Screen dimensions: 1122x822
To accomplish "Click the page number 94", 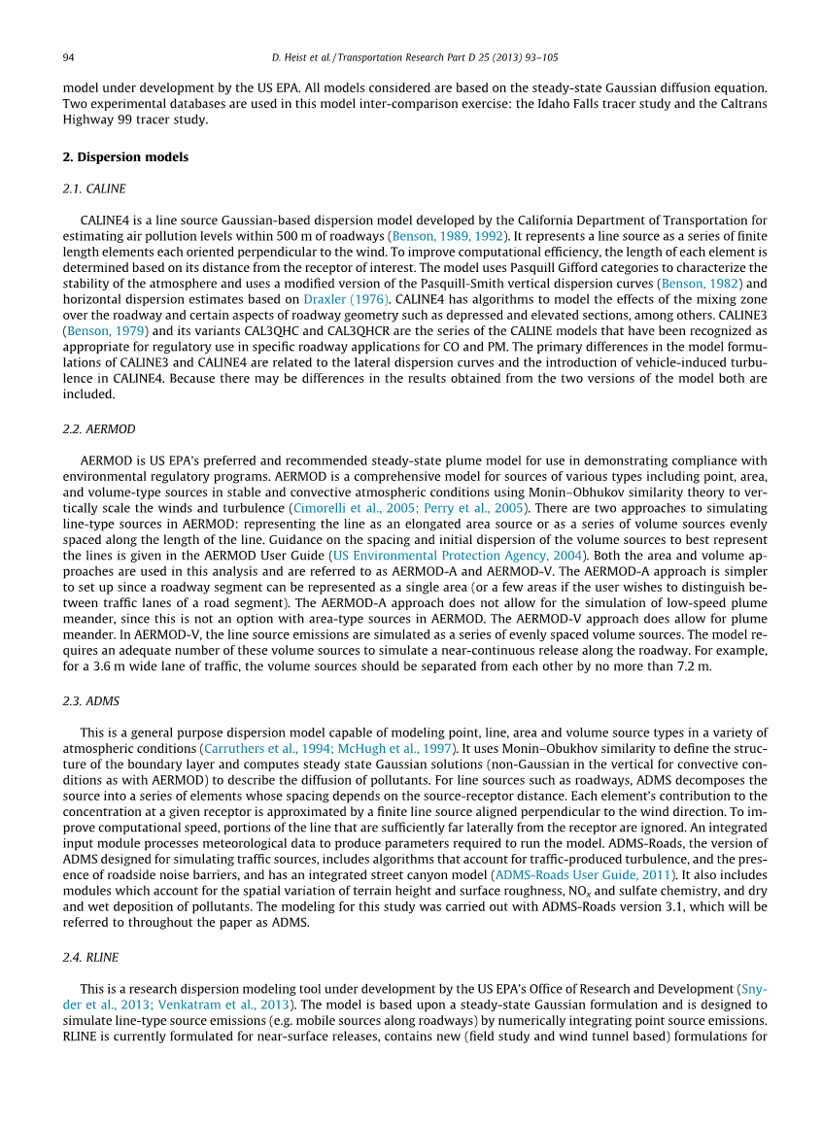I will [69, 57].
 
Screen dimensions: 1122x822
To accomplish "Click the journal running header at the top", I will [411, 57].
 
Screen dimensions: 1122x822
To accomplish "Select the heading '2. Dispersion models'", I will [125, 156].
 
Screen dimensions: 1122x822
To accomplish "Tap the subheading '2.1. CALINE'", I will [94, 187].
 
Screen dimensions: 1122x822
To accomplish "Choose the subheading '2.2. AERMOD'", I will [99, 428].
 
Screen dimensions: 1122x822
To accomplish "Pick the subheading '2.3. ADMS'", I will [91, 700].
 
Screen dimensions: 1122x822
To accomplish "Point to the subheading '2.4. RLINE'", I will [91, 958].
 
